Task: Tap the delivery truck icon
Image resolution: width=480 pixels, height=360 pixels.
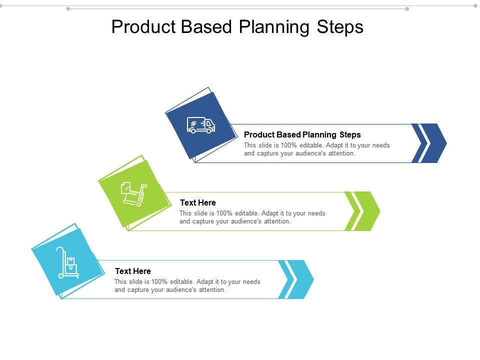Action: click(x=201, y=125)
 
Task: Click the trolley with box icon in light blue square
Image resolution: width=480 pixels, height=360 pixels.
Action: click(x=67, y=262)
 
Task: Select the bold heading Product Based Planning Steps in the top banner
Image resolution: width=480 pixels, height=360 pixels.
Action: click(x=302, y=134)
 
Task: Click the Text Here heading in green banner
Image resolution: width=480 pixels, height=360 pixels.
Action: click(x=198, y=202)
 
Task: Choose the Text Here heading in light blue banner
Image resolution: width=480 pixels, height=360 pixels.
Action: click(x=133, y=271)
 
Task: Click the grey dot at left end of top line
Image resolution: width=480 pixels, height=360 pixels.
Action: click(x=68, y=8)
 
